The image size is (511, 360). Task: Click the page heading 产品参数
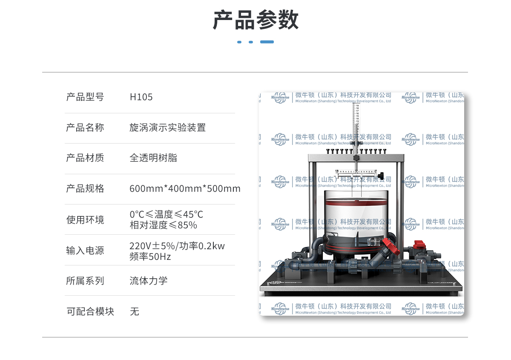coord(255,20)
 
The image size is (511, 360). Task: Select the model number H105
coord(141,97)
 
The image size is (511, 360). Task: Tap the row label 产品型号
coord(85,97)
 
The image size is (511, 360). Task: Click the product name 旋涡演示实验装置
coord(167,127)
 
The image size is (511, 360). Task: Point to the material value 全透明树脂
coord(153,158)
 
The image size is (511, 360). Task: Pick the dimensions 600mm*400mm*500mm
coord(185,189)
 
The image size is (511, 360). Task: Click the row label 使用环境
coord(85,220)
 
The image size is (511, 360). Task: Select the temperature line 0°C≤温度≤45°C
coord(166,214)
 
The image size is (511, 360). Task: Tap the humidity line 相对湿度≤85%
coord(163,225)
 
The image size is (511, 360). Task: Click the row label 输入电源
coord(85,251)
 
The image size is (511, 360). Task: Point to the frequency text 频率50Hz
coord(150,256)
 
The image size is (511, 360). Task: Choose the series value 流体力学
coord(148,281)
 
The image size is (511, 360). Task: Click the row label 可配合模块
coord(90,311)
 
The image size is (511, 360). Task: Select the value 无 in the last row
coord(135,311)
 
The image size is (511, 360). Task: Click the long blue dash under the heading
coord(267,42)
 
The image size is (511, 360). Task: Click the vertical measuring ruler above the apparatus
coord(356,124)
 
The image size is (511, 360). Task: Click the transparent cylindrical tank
coord(356,217)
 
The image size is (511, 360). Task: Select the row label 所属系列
coord(85,281)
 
